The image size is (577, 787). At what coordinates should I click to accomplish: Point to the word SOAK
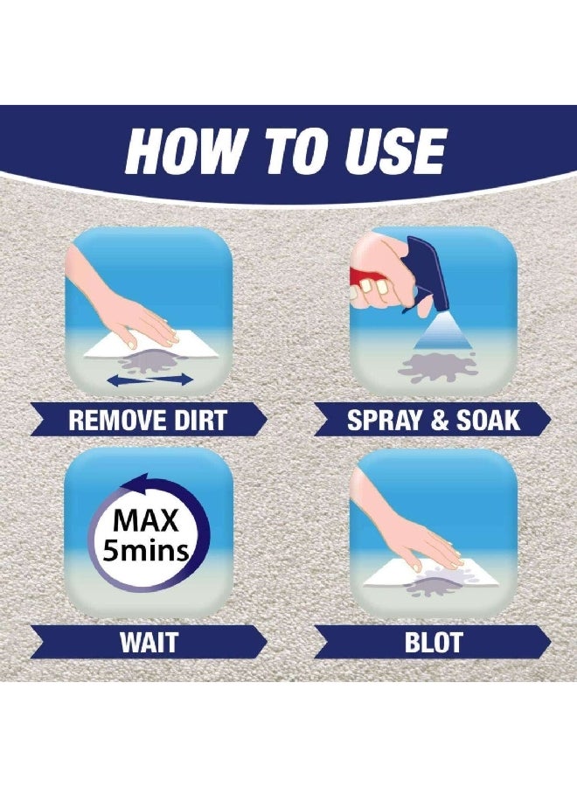488,420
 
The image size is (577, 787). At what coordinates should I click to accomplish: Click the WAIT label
149,643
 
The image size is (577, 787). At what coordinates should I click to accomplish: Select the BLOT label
433,643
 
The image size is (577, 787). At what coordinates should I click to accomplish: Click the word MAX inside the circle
146,521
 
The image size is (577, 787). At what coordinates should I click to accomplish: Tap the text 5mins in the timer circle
145,550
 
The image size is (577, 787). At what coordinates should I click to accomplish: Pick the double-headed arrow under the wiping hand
150,380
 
